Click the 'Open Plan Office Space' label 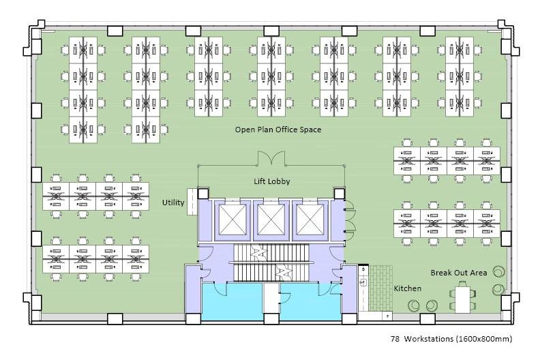coord(278,130)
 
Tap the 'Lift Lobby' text coord(272,181)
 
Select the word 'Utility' coord(173,202)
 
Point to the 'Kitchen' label coord(408,288)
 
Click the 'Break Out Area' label coord(459,273)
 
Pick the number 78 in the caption coord(395,339)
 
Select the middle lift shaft coord(271,220)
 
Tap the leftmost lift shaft coord(232,220)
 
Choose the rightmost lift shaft coord(310,220)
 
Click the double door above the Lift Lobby coord(271,158)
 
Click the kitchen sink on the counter coord(363,282)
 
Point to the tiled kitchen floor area coord(380,288)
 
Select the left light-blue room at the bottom coord(232,301)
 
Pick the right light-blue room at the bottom coord(311,301)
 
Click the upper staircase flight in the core coord(271,253)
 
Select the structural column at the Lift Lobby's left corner coord(203,193)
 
